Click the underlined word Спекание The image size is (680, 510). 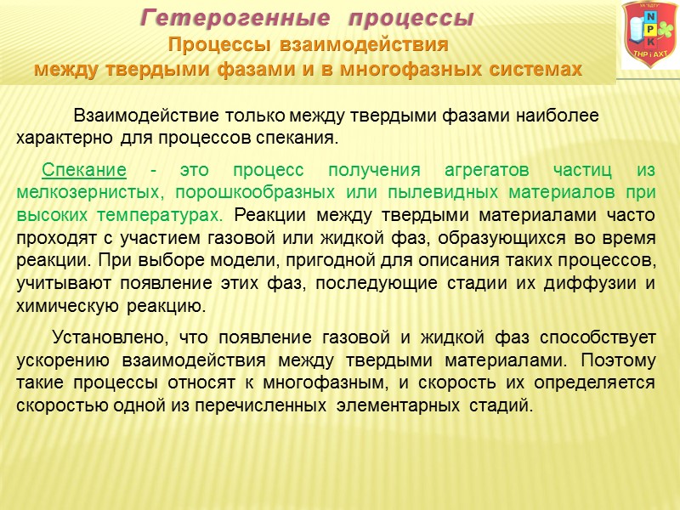coord(84,169)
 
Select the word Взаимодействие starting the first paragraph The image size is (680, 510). coord(135,115)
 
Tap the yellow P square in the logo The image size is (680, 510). coord(651,29)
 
